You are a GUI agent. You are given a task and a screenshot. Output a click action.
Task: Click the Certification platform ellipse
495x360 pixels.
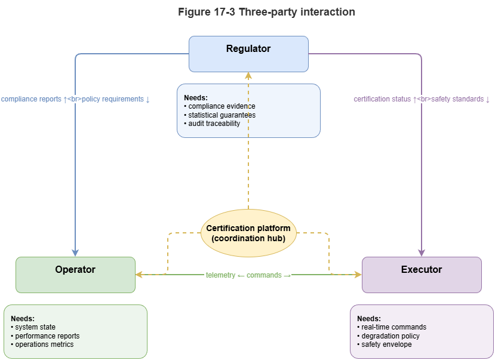coord(248,233)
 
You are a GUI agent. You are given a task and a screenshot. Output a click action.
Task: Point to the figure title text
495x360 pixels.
coord(266,12)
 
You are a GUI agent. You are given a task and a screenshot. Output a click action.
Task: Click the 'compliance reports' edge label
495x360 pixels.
coord(75,99)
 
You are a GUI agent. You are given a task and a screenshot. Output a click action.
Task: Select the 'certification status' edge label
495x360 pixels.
coord(422,99)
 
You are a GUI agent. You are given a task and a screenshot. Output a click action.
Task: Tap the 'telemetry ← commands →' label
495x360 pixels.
coord(248,275)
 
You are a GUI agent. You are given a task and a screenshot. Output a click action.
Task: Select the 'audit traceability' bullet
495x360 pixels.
coord(214,124)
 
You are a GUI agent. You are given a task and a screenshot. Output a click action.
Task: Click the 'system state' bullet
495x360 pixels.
coord(35,327)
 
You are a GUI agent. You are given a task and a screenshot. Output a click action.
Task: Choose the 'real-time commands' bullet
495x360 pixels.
coord(393,327)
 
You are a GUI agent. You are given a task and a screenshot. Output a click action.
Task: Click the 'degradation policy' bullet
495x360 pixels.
coord(391,336)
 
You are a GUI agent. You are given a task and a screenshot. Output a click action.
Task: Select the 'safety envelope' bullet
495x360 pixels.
coord(386,344)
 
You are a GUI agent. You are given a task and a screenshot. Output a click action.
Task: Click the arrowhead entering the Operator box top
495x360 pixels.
coord(75,253)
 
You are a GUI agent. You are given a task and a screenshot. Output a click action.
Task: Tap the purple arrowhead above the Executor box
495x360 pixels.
coord(422,253)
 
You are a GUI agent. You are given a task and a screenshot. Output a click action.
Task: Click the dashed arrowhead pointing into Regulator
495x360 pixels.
coord(248,76)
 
